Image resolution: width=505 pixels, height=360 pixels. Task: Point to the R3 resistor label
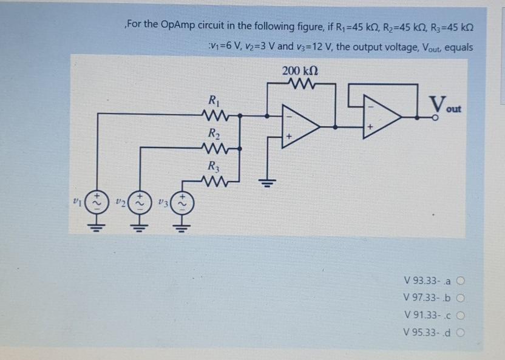[x=213, y=165]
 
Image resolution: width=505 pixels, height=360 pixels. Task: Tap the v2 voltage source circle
[x=140, y=201]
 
